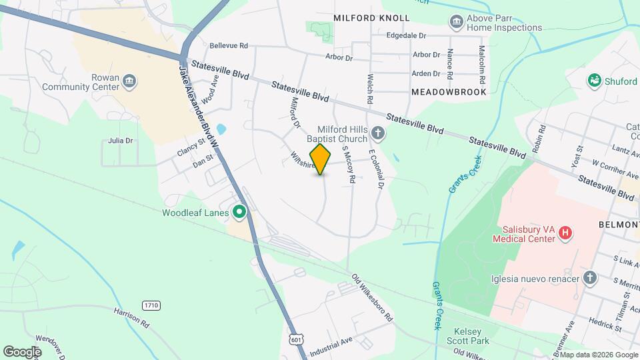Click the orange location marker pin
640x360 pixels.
coord(321,159)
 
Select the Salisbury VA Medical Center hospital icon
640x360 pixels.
coord(565,233)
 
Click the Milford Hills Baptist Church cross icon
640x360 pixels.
coord(378,133)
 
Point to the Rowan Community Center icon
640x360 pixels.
coord(129,82)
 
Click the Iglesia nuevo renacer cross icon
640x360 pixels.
coord(589,278)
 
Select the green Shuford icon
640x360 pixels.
coord(594,81)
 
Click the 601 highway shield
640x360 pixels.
coord(295,339)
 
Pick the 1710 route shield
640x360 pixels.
coord(151,305)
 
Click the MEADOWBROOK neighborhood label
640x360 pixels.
coord(449,92)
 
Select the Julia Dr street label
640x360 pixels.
coord(121,141)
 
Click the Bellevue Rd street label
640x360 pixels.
coord(229,46)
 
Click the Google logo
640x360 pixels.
coord(22,351)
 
